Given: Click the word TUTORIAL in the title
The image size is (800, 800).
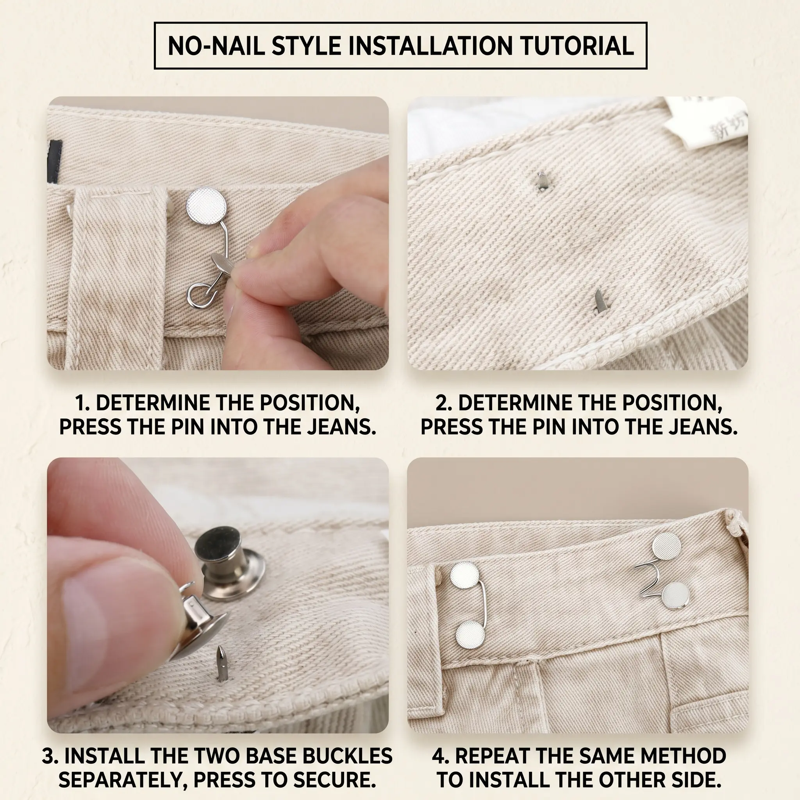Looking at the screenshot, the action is click(x=577, y=46).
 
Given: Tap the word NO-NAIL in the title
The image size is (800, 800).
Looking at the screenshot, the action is click(x=216, y=46).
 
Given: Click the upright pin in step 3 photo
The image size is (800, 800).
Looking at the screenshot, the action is click(x=219, y=668).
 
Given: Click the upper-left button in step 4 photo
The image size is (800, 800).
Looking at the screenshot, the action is click(x=464, y=575).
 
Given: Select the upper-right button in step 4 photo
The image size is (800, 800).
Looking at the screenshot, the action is click(x=667, y=546).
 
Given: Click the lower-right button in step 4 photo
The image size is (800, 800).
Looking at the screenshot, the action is click(x=675, y=595).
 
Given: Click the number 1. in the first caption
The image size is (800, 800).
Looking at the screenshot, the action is click(x=82, y=403).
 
